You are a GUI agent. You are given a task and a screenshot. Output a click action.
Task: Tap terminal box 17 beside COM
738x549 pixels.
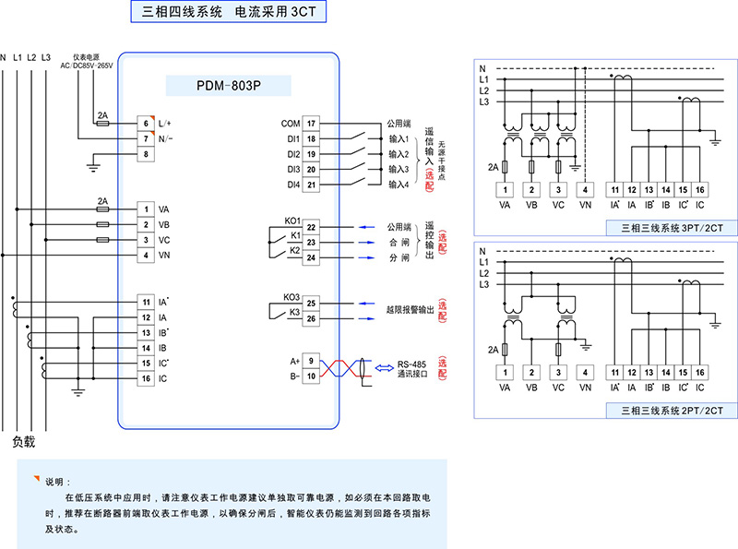coord(312,123)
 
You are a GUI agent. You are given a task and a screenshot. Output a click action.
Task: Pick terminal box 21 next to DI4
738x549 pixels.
coord(312,185)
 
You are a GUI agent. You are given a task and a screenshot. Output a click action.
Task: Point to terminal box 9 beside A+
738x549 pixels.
coord(312,360)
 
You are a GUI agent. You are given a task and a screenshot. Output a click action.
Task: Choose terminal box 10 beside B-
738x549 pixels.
coord(312,376)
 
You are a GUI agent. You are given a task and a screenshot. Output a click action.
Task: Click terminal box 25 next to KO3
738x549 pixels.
coord(312,303)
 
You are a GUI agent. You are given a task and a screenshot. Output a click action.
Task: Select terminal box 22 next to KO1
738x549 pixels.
coord(312,227)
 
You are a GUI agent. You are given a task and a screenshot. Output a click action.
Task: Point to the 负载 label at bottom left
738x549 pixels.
coord(24,441)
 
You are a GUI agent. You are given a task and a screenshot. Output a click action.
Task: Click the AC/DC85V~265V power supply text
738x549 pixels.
coord(86,66)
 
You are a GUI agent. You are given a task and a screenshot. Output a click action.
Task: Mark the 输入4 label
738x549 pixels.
coord(399,185)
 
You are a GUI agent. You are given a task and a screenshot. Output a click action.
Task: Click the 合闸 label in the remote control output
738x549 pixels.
coord(396,243)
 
